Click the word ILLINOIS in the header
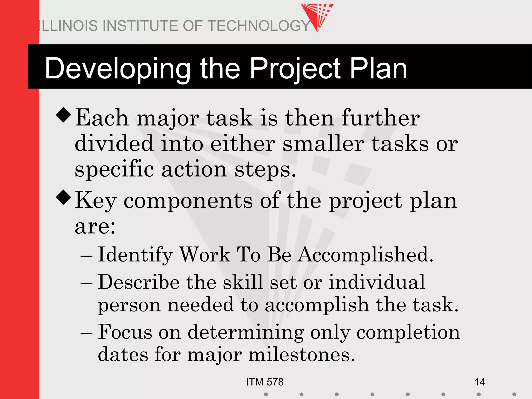[x=68, y=26]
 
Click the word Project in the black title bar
[x=295, y=69]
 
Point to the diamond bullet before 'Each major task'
[x=64, y=115]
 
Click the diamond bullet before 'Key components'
[x=64, y=197]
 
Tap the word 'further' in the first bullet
[x=380, y=118]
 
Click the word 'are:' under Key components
[x=95, y=227]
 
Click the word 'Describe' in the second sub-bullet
[x=139, y=283]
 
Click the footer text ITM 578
[x=265, y=382]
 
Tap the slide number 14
[x=480, y=382]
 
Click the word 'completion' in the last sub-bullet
[x=408, y=333]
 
